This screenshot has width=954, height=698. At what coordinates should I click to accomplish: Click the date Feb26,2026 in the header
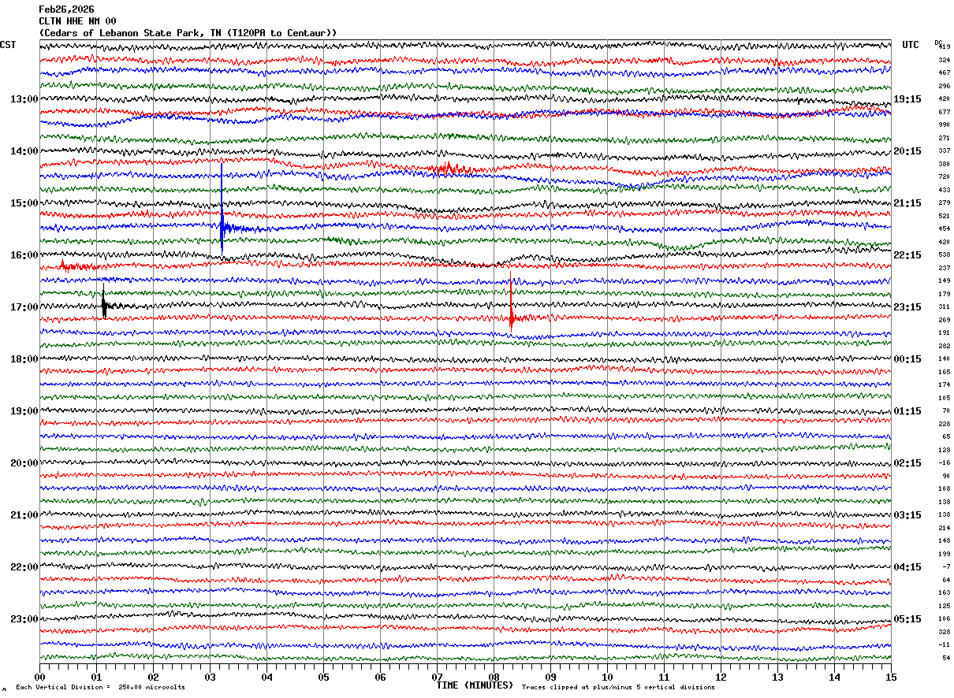66,9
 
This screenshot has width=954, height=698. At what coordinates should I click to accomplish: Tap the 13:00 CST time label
24,99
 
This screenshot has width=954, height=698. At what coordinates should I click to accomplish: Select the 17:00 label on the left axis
24,307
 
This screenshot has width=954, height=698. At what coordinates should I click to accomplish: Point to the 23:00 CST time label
24,619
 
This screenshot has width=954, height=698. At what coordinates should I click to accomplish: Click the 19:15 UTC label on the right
907,99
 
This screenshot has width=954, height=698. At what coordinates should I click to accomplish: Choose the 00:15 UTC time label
907,359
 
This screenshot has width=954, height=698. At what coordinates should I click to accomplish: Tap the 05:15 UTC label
907,619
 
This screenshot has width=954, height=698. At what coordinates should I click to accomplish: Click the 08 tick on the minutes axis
494,677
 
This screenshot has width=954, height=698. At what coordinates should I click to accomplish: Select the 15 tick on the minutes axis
890,677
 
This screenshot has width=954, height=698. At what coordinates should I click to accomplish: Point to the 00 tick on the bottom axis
40,677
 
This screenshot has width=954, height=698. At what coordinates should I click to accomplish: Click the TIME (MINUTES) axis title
475,685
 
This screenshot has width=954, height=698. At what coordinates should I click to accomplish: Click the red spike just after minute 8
511,311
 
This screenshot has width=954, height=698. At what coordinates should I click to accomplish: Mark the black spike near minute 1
103,303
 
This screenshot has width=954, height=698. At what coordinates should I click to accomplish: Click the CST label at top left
8,45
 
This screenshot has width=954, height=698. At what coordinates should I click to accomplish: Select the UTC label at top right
911,45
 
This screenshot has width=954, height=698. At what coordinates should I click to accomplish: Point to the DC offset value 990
944,124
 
